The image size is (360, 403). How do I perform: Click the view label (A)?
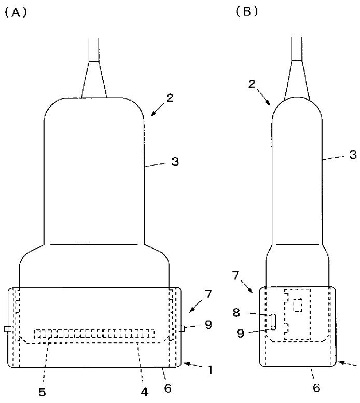(16, 12)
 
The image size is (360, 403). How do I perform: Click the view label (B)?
(247, 11)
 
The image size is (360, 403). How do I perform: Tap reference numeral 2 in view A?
(170, 98)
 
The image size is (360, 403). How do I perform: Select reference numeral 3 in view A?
(175, 162)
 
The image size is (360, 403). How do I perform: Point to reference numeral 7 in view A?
(207, 294)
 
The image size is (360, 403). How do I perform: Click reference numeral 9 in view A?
(208, 325)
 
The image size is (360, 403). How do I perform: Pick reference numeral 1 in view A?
(210, 370)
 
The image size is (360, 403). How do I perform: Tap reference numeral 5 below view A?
(42, 392)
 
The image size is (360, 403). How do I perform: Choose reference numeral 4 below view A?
(145, 392)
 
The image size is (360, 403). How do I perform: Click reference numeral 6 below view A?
(168, 388)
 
